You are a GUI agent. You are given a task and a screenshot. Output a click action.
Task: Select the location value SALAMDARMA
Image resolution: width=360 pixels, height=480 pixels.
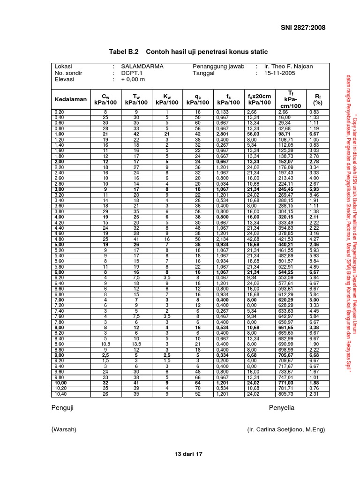pyautogui.click(x=142, y=67)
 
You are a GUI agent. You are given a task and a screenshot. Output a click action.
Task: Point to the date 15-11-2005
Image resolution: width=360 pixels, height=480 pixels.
pyautogui.click(x=282, y=73)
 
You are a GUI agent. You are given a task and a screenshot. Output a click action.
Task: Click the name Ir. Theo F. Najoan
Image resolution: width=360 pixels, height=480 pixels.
pyautogui.click(x=288, y=67)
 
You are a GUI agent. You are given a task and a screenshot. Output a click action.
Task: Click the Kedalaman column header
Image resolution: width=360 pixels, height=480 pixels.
pyautogui.click(x=71, y=99)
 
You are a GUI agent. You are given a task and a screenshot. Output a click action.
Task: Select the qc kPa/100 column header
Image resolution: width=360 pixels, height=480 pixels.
pyautogui.click(x=198, y=99)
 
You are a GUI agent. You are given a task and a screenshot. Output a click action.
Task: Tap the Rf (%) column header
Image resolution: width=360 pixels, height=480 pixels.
pyautogui.click(x=318, y=99)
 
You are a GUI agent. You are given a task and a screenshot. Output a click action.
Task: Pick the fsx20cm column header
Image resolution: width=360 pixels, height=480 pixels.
pyautogui.click(x=260, y=99)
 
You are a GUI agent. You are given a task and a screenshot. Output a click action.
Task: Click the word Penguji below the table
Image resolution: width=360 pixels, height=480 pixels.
pyautogui.click(x=62, y=408)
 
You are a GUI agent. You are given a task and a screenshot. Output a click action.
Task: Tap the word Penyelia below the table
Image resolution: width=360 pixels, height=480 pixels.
pyautogui.click(x=281, y=408)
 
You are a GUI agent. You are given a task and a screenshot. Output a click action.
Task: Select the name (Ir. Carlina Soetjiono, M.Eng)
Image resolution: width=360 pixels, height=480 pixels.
pyautogui.click(x=285, y=429)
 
